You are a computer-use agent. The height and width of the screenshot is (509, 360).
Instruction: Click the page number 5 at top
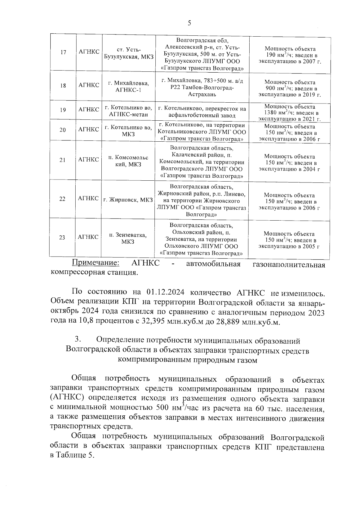pos(189,23)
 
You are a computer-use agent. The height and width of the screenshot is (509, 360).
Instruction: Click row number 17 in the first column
pos(63,52)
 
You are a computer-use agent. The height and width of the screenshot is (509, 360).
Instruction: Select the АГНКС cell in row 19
pos(89,110)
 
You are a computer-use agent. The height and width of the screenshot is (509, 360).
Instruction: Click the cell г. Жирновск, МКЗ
pos(128,200)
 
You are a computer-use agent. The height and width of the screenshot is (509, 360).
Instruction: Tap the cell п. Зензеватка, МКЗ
pos(128,238)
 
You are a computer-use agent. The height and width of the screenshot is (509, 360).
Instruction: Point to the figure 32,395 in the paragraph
pos(153,322)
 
